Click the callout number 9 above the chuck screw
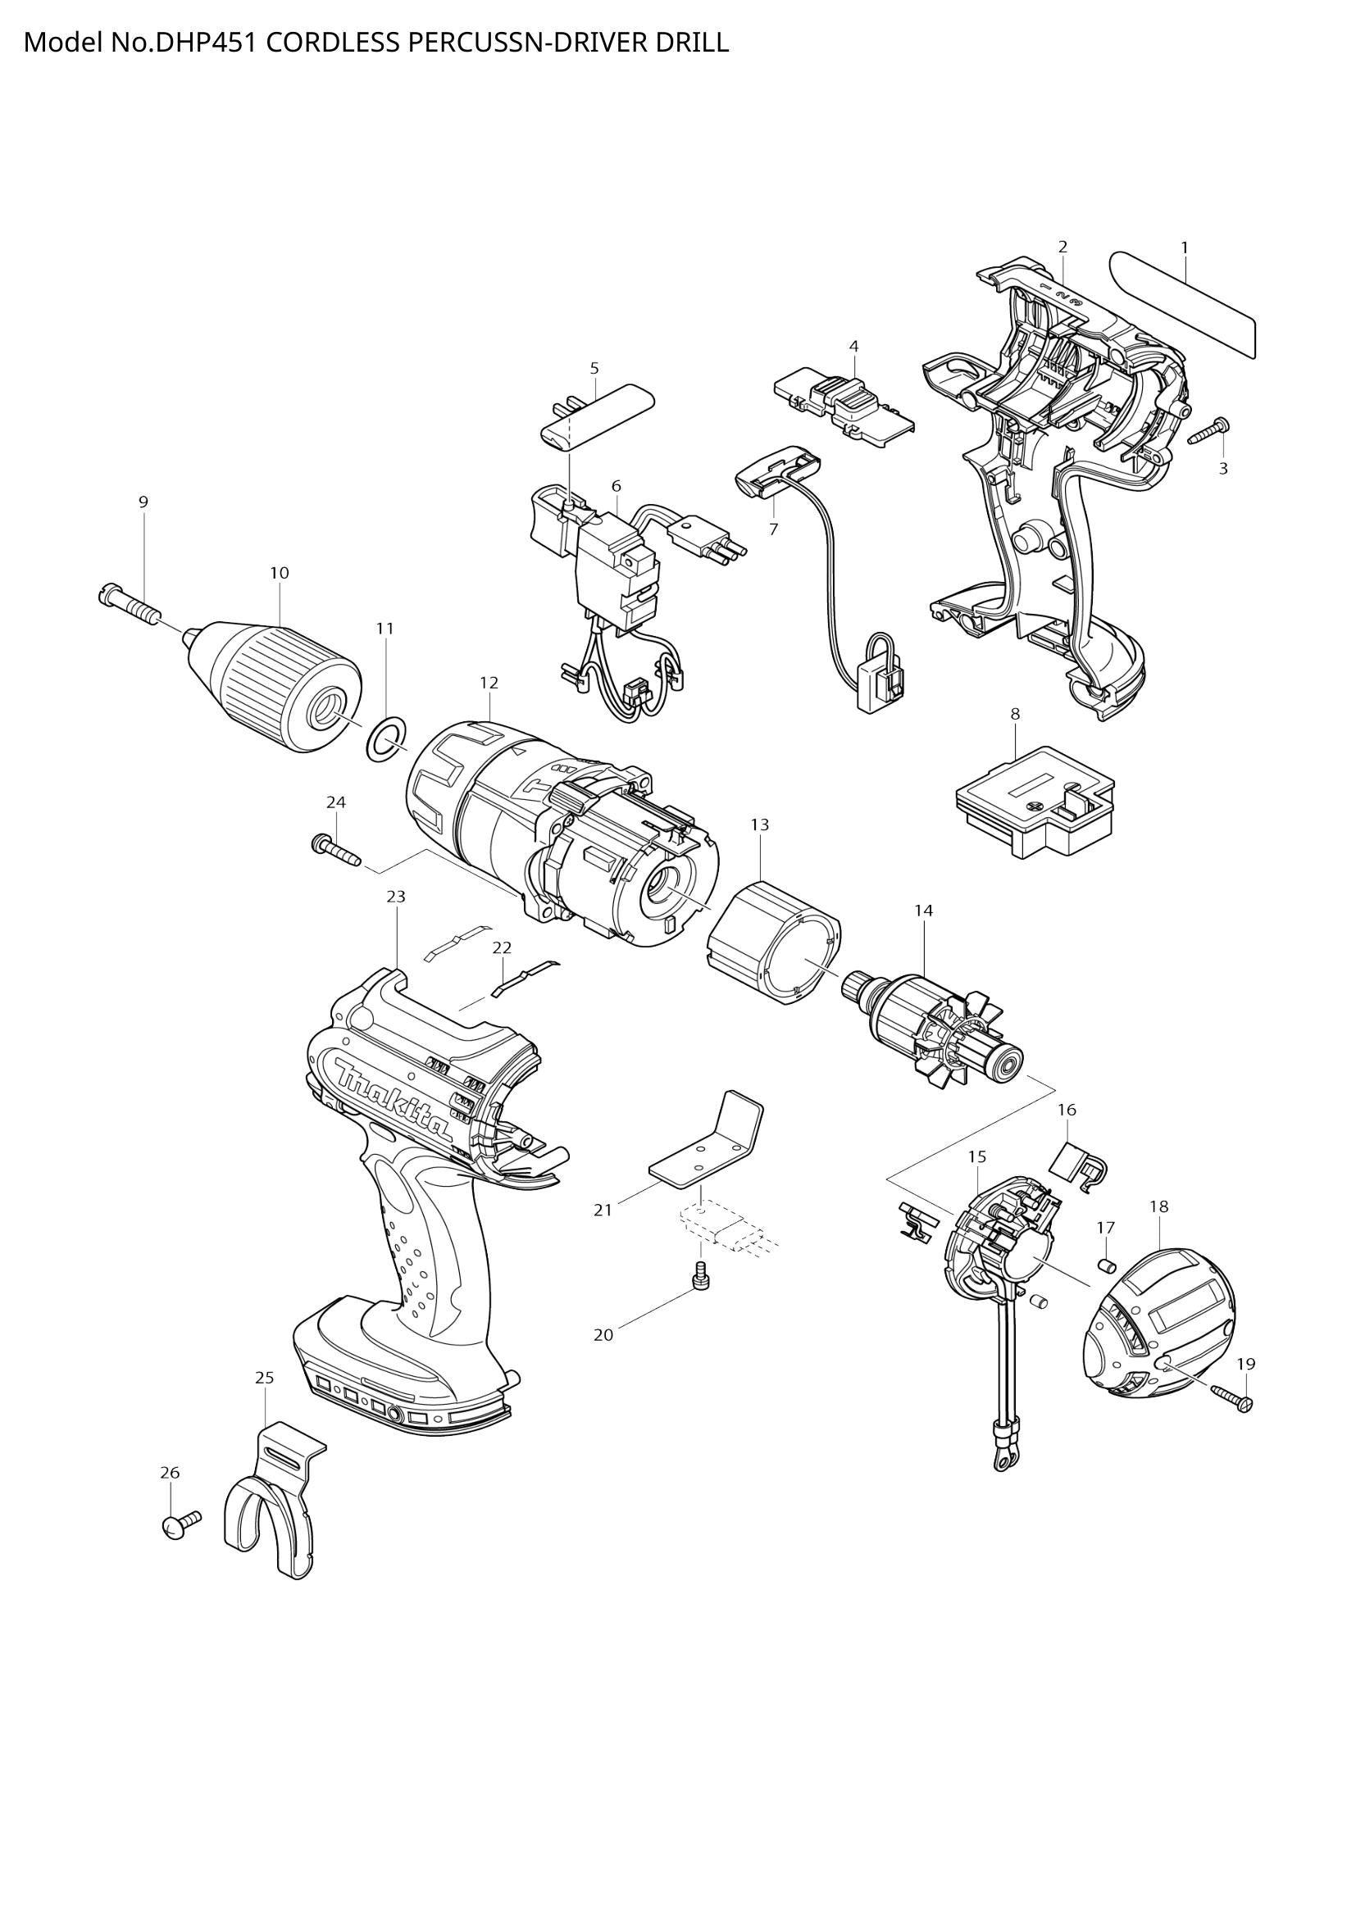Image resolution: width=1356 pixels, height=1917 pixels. pyautogui.click(x=143, y=502)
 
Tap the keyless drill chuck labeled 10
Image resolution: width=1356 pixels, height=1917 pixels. pyautogui.click(x=280, y=679)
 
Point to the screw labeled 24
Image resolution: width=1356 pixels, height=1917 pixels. pyautogui.click(x=334, y=850)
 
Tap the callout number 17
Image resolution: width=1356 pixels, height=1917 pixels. pyautogui.click(x=1105, y=1228)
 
